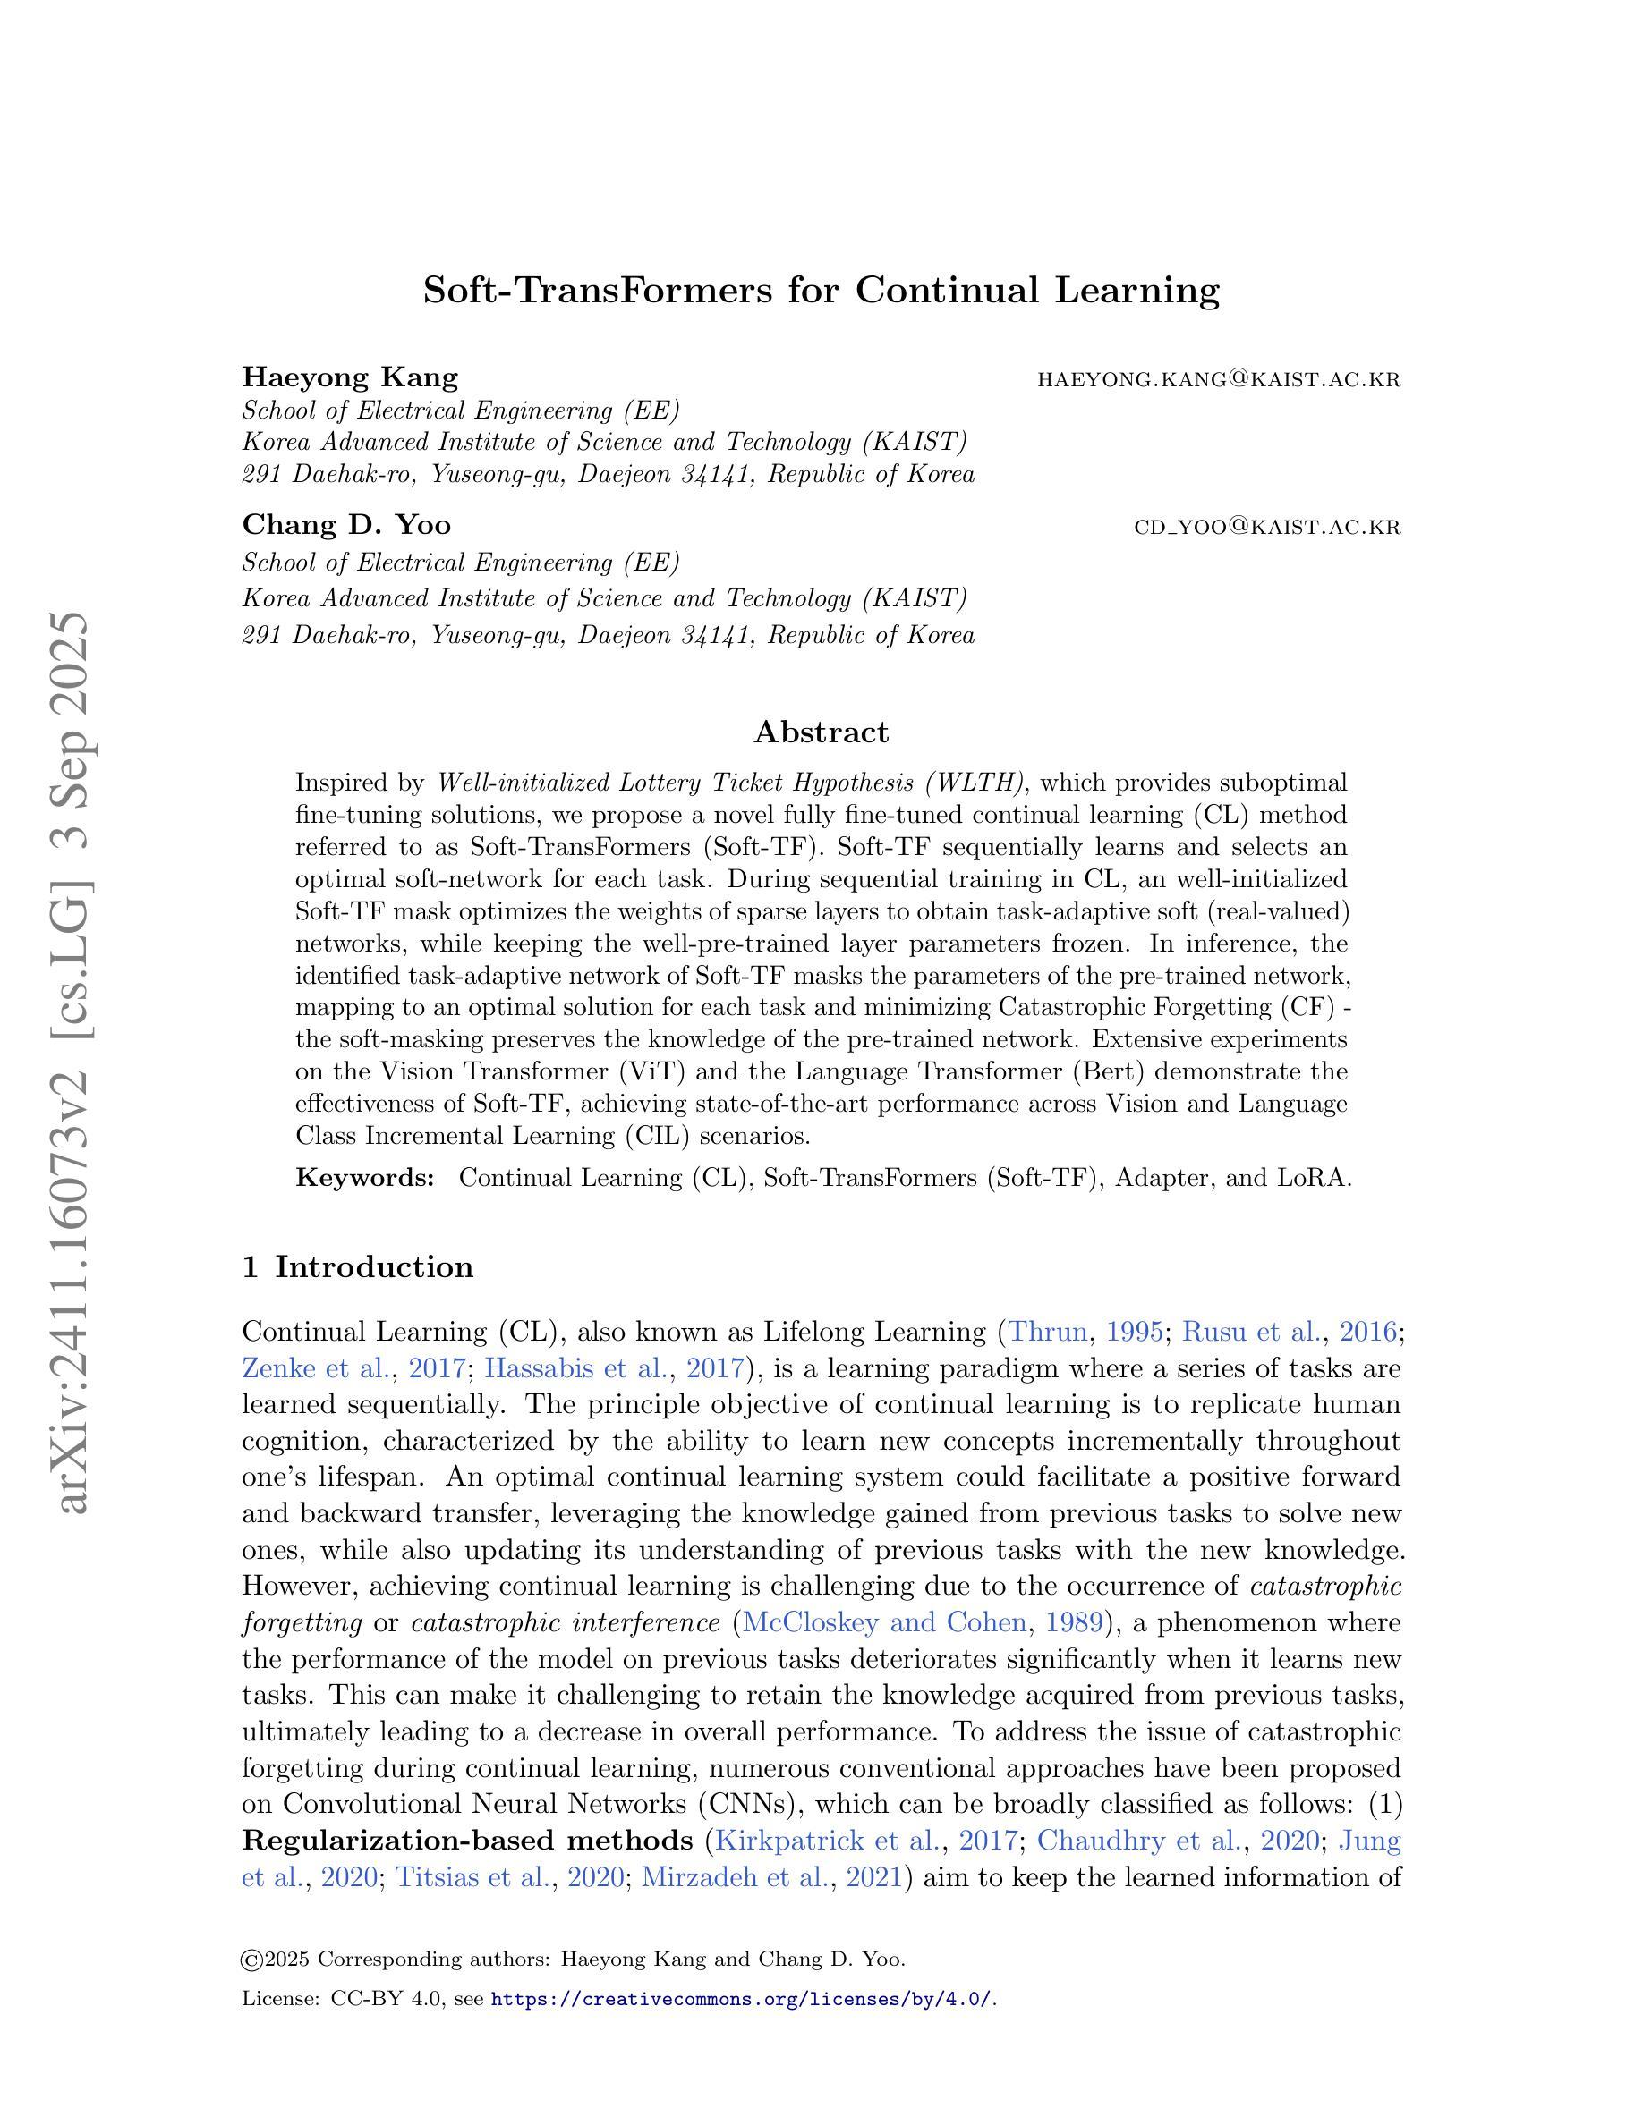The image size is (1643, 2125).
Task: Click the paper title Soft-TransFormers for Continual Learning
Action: pos(821,291)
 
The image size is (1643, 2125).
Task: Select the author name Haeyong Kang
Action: pos(349,377)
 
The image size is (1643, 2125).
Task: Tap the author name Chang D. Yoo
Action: pos(345,525)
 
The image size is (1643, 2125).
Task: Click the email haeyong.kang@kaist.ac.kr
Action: pos(1219,379)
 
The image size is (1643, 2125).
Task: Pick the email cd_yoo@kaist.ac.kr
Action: pos(1267,528)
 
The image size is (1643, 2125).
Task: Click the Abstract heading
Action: pos(821,732)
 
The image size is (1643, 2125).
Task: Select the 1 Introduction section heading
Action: pos(357,1266)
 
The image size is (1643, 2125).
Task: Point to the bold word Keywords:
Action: pos(364,1178)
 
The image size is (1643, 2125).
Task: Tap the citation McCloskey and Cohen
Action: pos(884,1623)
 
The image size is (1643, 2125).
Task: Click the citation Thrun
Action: pos(1047,1331)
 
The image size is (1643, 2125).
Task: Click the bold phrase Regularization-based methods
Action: pos(467,1841)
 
